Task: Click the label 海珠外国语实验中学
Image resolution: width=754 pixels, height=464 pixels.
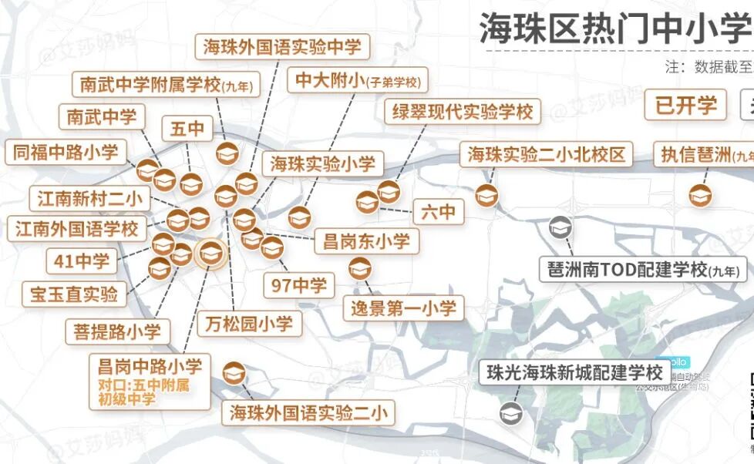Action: pos(281,46)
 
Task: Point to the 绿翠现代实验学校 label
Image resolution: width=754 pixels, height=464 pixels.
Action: pos(463,112)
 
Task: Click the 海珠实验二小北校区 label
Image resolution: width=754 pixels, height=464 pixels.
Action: pos(546,154)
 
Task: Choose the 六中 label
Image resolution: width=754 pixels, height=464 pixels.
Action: pos(439,210)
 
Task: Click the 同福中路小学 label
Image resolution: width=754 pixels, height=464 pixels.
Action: pos(66,152)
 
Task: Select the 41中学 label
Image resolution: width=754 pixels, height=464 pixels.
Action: pos(82,261)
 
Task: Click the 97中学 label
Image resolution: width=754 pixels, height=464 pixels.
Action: pos(299,286)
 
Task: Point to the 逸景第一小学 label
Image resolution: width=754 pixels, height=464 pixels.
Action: pos(404,308)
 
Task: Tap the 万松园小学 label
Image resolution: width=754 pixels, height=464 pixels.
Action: pos(249,324)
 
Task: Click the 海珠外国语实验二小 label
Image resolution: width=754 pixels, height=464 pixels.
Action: pos(307,412)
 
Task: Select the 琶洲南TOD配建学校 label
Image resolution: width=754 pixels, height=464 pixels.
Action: pos(641,270)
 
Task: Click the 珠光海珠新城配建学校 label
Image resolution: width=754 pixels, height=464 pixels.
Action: pos(574,372)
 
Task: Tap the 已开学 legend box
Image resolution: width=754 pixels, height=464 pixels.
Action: pos(686,105)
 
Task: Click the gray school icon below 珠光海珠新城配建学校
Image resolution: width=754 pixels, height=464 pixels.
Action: pos(510,413)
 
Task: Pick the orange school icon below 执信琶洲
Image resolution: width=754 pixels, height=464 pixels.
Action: pos(700,195)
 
